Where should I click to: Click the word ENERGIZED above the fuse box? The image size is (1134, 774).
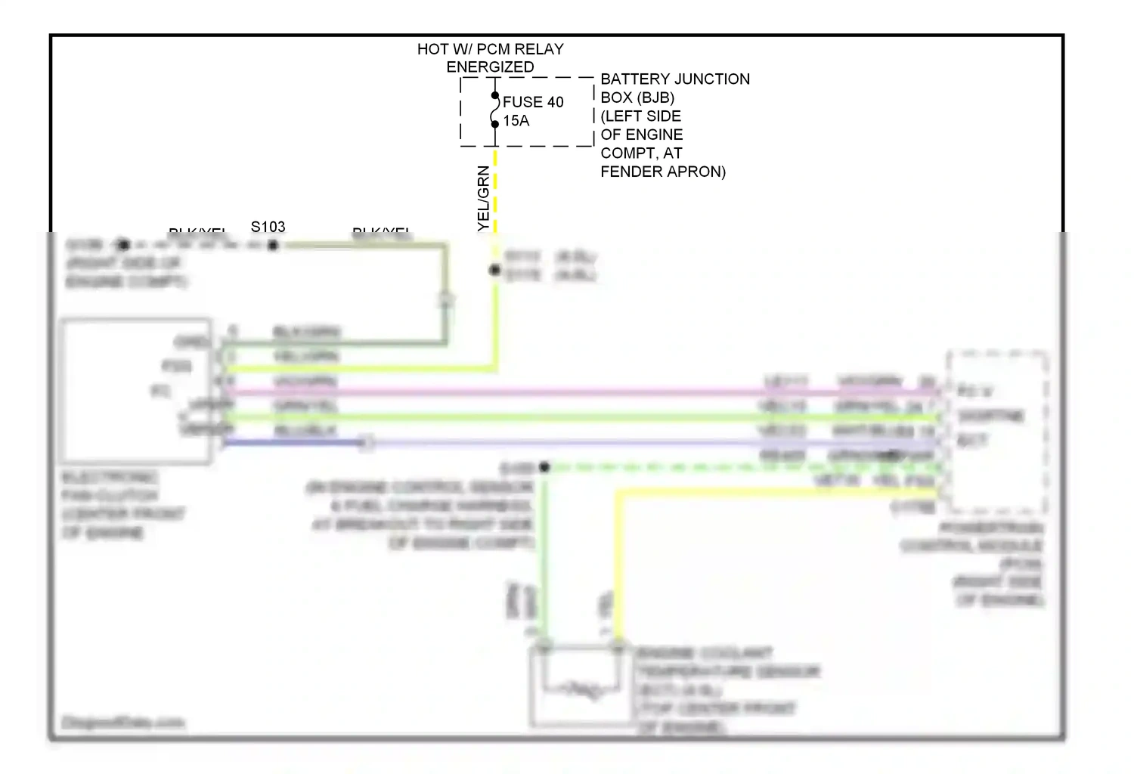(x=490, y=67)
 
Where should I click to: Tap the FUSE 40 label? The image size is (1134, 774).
(x=533, y=102)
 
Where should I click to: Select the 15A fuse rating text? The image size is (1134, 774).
(x=516, y=121)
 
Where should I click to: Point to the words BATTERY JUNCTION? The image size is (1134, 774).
(x=675, y=79)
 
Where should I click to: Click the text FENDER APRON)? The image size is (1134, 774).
(x=663, y=172)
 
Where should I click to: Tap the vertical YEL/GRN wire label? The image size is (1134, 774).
(x=484, y=199)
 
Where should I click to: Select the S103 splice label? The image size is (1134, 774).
(x=268, y=227)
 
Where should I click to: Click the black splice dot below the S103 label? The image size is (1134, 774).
(x=273, y=245)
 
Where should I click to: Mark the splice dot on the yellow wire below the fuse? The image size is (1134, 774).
(x=494, y=270)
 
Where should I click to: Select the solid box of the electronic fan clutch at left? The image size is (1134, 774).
(x=136, y=390)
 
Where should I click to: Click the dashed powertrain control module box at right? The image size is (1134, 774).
(x=997, y=431)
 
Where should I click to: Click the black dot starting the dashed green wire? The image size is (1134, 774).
(x=544, y=467)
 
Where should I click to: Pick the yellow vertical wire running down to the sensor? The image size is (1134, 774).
(x=618, y=567)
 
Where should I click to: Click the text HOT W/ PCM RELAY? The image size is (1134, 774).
(x=490, y=49)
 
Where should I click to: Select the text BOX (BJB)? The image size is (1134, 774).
(x=637, y=98)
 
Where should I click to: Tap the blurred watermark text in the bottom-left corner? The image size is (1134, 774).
(x=122, y=723)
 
